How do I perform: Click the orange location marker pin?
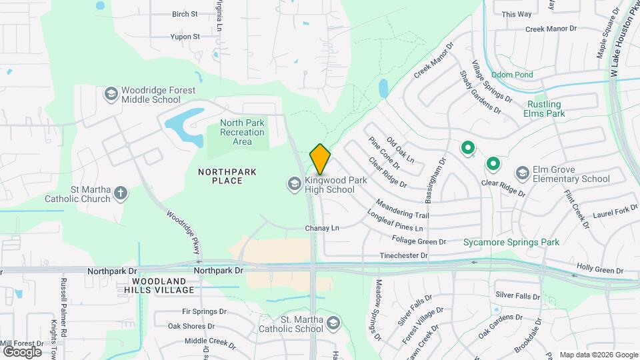pos(320,159)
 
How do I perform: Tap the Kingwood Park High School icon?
pos(294,183)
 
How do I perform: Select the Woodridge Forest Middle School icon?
pos(109,94)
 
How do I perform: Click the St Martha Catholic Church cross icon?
pos(121,193)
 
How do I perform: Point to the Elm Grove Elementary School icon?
pos(523,173)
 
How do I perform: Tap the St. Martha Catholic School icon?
pos(333,324)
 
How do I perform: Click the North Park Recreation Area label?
pos(242,132)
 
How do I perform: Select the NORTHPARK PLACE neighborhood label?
pos(227,176)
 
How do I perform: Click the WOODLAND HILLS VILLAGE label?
pos(159,285)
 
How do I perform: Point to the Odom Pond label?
pos(512,75)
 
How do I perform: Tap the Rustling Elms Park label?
pos(545,109)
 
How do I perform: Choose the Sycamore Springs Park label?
pos(511,242)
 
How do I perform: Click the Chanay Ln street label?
pos(322,228)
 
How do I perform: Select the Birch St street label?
pos(185,13)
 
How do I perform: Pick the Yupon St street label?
pos(185,37)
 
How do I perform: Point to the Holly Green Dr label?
pos(599,269)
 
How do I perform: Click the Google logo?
pos(22,351)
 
